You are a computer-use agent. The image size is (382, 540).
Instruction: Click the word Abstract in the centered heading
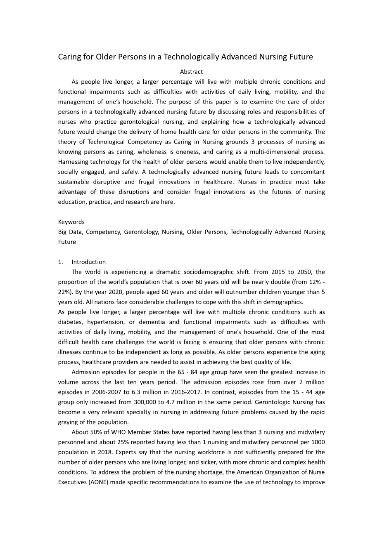pyautogui.click(x=191, y=72)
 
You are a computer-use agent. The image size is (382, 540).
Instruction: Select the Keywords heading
pyautogui.click(x=71, y=222)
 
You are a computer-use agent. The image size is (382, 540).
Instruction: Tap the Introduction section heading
pyautogui.click(x=88, y=262)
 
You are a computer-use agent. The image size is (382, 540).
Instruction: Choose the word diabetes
pyautogui.click(x=70, y=322)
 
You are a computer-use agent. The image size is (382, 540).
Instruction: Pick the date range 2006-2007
pyautogui.click(x=95, y=392)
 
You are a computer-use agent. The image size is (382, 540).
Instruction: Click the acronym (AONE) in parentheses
pyautogui.click(x=98, y=482)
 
